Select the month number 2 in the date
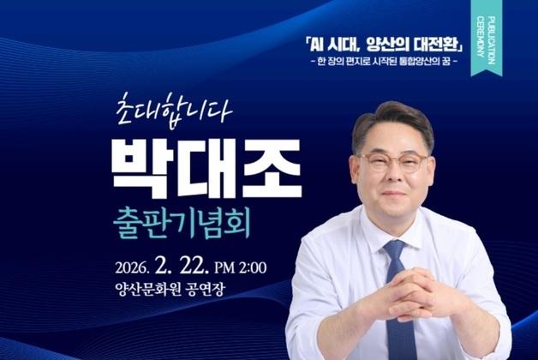click(170, 265)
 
